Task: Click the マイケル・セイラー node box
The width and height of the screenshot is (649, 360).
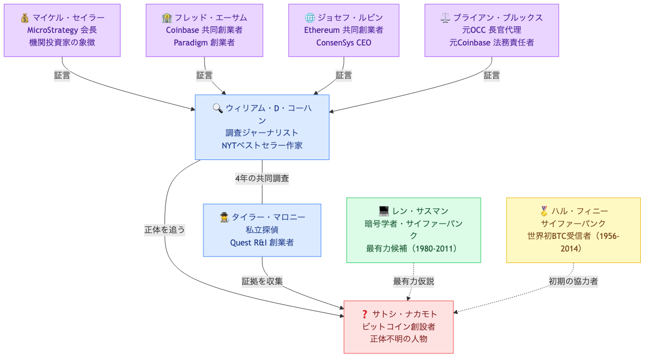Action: click(x=62, y=30)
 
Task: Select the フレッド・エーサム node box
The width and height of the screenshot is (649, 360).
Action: click(x=204, y=30)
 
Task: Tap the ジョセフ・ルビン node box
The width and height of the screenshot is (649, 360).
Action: click(x=344, y=30)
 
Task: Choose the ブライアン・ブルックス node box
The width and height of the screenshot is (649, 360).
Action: click(x=491, y=30)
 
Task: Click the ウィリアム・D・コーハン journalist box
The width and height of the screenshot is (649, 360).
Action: click(x=262, y=127)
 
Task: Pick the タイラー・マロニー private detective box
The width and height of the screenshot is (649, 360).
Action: click(x=262, y=230)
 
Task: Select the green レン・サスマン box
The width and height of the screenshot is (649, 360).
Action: click(x=413, y=230)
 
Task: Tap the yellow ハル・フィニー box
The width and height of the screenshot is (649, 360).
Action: click(x=573, y=230)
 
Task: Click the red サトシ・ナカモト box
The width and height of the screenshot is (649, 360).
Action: click(x=398, y=327)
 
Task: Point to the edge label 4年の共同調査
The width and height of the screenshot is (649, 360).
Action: click(x=262, y=178)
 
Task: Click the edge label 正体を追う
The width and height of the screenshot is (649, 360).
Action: click(x=164, y=230)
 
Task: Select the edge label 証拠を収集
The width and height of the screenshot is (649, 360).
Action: click(x=262, y=281)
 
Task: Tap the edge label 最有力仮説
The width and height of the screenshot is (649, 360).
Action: click(x=413, y=281)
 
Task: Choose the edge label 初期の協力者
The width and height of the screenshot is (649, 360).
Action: click(x=573, y=281)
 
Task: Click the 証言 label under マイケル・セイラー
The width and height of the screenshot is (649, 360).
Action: click(x=62, y=76)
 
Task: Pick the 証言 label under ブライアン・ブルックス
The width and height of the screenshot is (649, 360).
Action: click(x=491, y=76)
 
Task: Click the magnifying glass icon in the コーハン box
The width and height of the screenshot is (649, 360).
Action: click(x=218, y=108)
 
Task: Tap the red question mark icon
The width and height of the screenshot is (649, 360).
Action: click(x=365, y=314)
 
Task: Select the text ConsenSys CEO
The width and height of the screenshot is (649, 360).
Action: click(x=344, y=43)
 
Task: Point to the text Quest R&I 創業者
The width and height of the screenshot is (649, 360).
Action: click(x=262, y=242)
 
